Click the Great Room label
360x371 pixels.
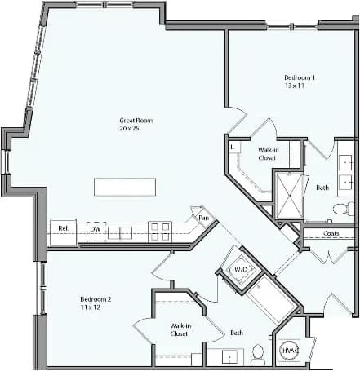(136, 121)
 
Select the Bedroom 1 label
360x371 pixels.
(300, 77)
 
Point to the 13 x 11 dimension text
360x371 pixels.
(295, 86)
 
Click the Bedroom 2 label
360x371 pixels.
(96, 298)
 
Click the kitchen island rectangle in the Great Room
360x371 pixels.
(125, 187)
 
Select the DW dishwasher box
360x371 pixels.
(96, 230)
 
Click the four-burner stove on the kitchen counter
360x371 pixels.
(160, 232)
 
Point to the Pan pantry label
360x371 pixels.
(203, 219)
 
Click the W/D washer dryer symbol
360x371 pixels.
(242, 268)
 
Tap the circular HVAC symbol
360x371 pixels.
(289, 350)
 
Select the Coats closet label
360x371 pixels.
(331, 234)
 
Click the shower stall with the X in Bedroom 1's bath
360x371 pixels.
(287, 196)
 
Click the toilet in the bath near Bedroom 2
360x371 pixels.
(257, 354)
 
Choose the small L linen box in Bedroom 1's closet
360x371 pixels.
(233, 147)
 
